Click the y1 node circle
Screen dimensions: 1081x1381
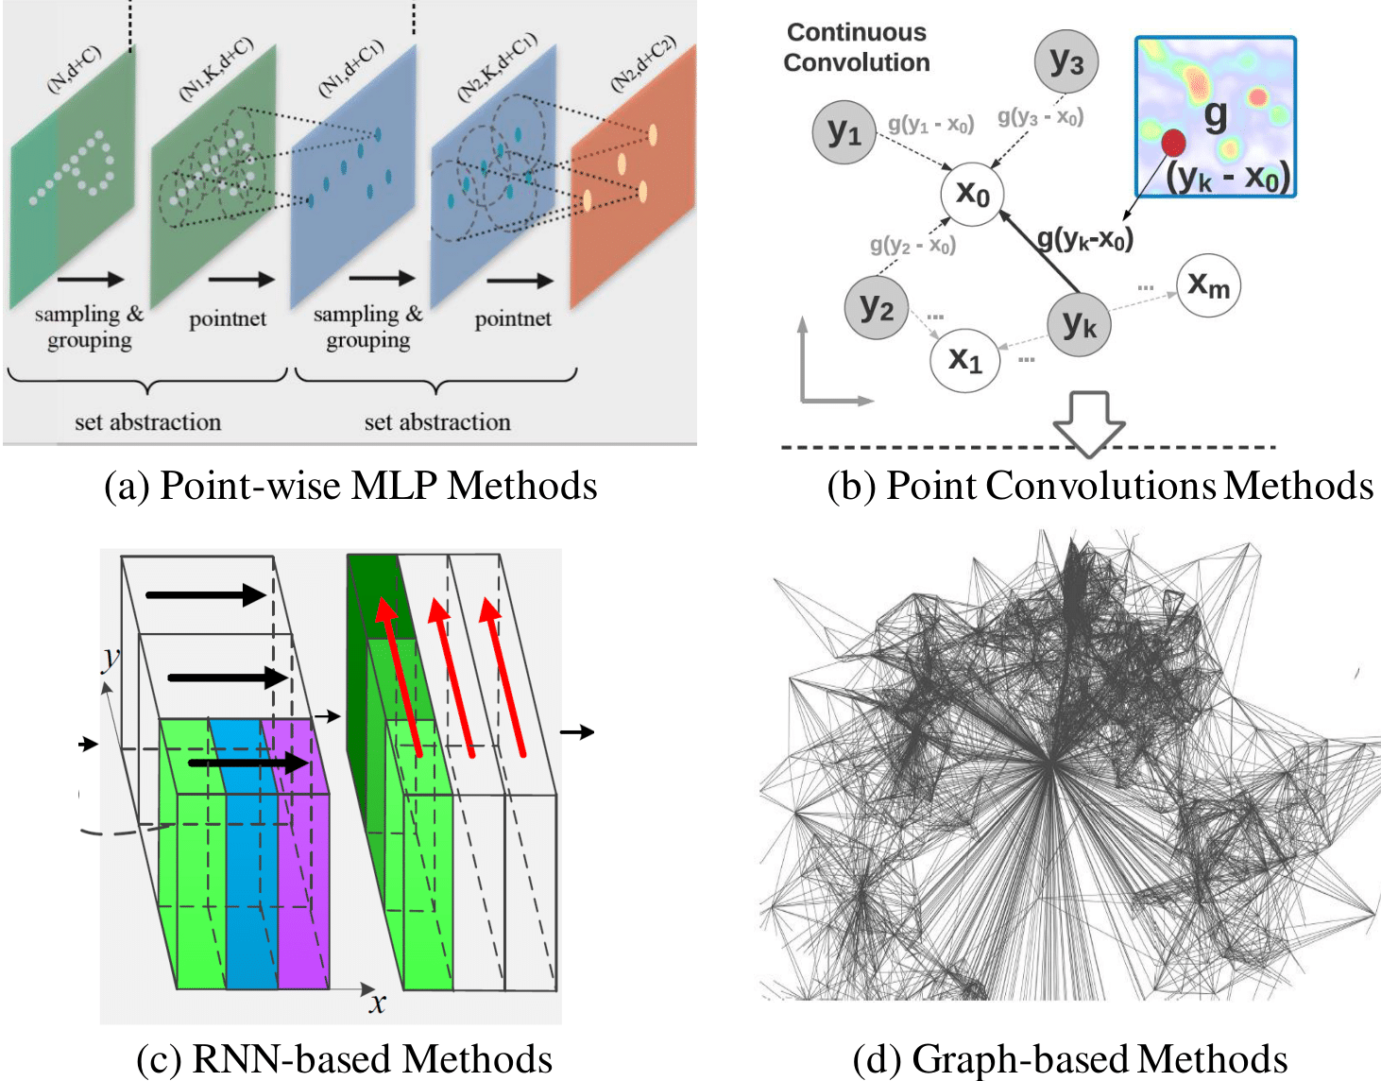click(x=844, y=133)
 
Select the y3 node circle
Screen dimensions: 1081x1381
click(x=1066, y=62)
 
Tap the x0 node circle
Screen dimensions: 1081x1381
click(x=972, y=195)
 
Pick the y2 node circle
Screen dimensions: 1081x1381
click(x=876, y=308)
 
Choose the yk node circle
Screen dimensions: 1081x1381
click(x=1079, y=326)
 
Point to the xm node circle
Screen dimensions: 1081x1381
click(x=1208, y=284)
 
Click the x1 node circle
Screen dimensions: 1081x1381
click(x=964, y=359)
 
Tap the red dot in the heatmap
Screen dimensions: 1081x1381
click(x=1173, y=143)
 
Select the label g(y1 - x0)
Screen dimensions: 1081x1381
click(x=930, y=124)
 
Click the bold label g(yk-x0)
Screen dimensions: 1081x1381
click(x=1085, y=239)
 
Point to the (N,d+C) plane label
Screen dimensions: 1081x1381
click(x=75, y=69)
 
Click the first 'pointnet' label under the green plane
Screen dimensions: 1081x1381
click(x=228, y=319)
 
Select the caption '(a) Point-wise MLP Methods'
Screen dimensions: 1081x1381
click(x=350, y=486)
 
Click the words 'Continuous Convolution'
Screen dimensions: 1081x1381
click(x=857, y=47)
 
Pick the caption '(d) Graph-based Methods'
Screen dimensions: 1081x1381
click(x=1070, y=1059)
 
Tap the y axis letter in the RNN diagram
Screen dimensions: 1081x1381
click(x=111, y=656)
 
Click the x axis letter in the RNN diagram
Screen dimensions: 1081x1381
click(x=378, y=1003)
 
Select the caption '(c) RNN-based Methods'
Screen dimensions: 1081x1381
click(x=345, y=1059)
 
